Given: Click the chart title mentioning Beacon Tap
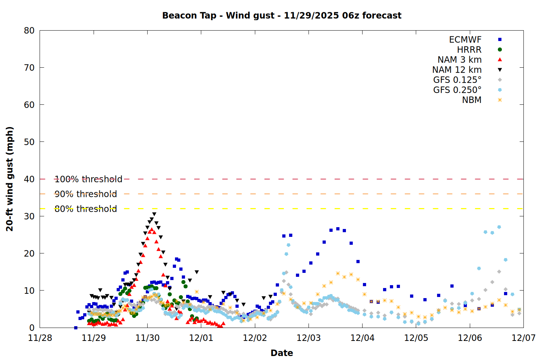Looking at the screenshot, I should [x=282, y=15].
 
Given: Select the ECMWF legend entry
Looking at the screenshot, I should [x=465, y=40].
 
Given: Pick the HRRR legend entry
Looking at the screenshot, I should [x=469, y=50].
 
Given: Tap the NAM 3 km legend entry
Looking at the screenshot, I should [x=459, y=60].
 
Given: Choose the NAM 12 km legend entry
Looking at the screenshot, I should [x=457, y=70].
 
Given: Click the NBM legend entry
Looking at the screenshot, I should [x=472, y=100].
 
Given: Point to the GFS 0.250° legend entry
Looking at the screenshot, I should [x=457, y=90].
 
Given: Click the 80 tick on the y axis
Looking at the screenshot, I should [x=29, y=31].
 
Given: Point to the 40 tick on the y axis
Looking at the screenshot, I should [x=29, y=179].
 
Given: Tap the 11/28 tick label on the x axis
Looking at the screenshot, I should [x=40, y=338].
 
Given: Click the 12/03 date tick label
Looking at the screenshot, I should [x=309, y=338].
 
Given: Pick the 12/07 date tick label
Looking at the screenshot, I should [x=523, y=338].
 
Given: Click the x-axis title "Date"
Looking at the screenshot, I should [x=282, y=353].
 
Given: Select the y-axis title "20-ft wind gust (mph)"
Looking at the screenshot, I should [x=10, y=179].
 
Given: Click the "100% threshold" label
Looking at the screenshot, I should [x=88, y=179].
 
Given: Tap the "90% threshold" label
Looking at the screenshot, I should [x=86, y=194].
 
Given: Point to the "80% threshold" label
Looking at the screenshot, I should [x=86, y=209].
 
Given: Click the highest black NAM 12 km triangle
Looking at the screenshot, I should [x=154, y=214].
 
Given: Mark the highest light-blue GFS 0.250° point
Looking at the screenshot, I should [x=499, y=227].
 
